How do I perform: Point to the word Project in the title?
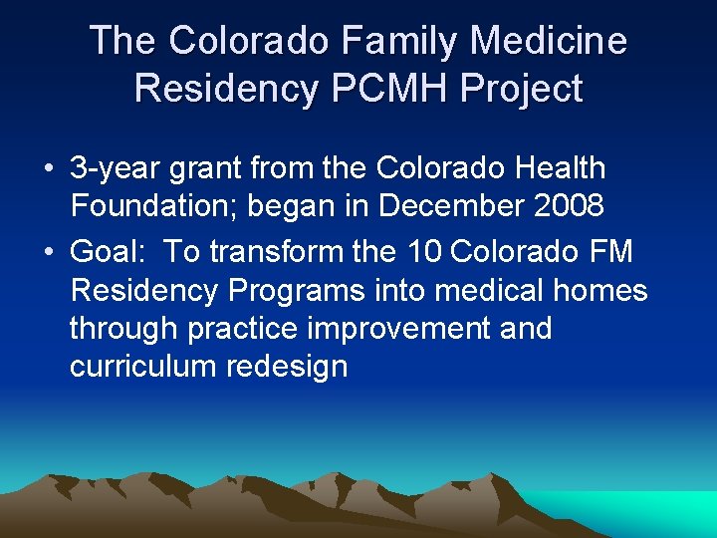point(521,88)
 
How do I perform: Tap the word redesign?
point(288,366)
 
